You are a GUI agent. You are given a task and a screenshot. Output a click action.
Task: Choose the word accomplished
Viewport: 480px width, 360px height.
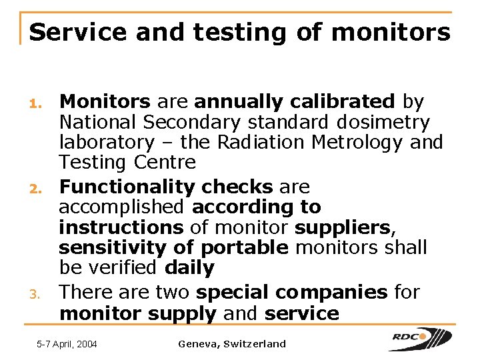click(x=123, y=207)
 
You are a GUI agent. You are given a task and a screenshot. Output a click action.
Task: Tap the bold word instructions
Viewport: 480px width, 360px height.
click(x=121, y=227)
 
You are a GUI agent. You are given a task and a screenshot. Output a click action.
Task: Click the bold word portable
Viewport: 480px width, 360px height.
click(x=245, y=248)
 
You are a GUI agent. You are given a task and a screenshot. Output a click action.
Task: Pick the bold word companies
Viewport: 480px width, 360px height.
click(x=331, y=292)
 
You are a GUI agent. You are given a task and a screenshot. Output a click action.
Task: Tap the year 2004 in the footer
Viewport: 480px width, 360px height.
click(x=86, y=344)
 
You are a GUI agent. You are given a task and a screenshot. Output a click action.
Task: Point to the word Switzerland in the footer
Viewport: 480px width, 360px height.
click(x=255, y=344)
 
